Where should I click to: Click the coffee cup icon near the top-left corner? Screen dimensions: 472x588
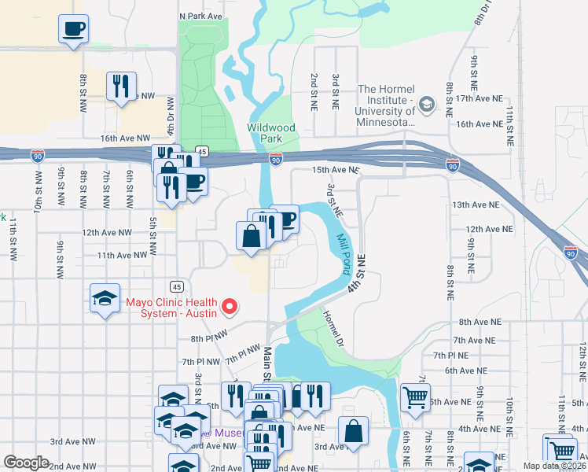pos(74,30)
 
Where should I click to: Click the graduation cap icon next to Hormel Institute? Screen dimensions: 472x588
pos(426,104)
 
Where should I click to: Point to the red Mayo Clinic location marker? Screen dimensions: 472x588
pos(230,306)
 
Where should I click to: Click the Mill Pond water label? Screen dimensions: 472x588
pos(343,254)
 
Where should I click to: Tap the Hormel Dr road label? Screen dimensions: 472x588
pos(332,328)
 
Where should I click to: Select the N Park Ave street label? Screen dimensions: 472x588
pos(201,15)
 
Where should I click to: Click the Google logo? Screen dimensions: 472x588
pos(26,463)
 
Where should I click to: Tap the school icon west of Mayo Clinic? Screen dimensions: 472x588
pos(105,298)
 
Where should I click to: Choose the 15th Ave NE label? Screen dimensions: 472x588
pos(335,170)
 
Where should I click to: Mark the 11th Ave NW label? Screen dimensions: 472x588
pos(122,255)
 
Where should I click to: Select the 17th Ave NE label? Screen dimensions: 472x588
pos(479,98)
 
